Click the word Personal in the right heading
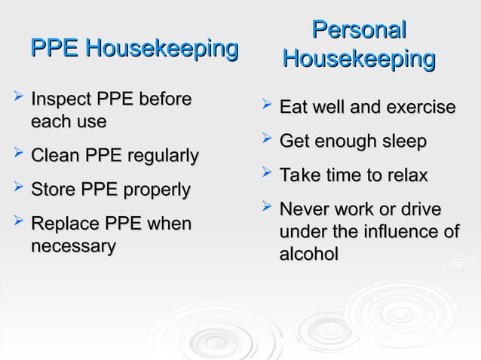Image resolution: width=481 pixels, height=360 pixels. (x=359, y=31)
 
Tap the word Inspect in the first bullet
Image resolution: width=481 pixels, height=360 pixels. (x=57, y=99)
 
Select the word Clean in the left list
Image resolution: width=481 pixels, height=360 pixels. (x=55, y=156)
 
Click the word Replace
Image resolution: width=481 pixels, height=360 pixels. (x=65, y=224)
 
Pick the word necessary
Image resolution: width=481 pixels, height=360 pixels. (x=73, y=246)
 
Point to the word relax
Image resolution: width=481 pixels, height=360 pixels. (x=407, y=175)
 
